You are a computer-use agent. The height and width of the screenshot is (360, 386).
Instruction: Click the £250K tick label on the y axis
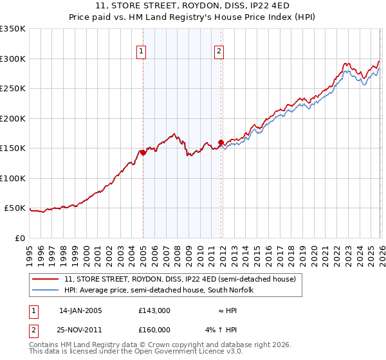click(13, 89)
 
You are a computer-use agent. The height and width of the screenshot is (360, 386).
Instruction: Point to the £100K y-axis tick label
click(13, 178)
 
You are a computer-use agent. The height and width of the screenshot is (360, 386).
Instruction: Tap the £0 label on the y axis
click(20, 238)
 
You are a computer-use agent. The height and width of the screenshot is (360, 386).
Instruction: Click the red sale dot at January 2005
click(143, 152)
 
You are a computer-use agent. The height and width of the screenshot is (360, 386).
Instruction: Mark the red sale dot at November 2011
click(221, 142)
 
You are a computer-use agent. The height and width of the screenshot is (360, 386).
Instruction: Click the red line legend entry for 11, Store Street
click(179, 280)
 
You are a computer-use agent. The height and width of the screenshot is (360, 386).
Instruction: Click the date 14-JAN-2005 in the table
click(80, 310)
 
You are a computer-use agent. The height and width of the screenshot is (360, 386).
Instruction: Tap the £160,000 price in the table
click(154, 330)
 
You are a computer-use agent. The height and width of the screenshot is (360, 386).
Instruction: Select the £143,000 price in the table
click(154, 310)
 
